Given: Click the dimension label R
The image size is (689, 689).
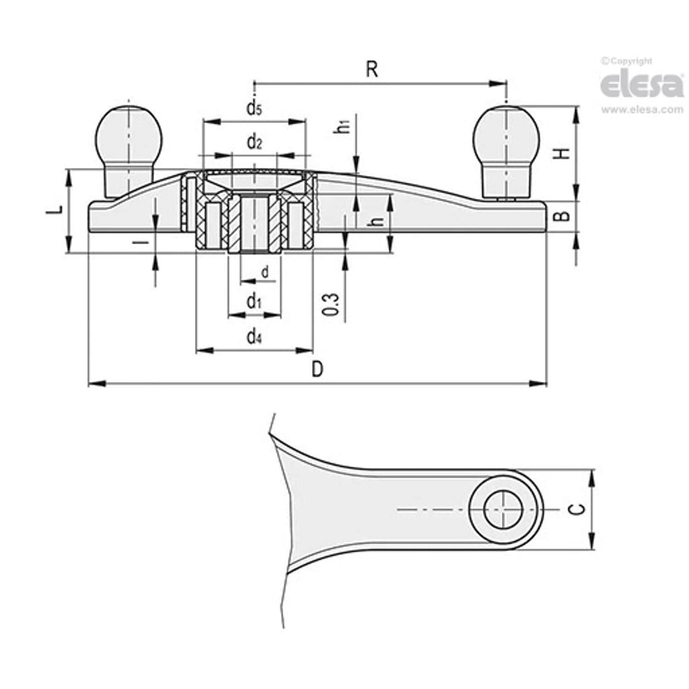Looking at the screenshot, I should (x=372, y=69).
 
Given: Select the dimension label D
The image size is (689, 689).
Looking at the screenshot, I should (x=317, y=369).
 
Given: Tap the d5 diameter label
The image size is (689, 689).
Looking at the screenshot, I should (x=254, y=109).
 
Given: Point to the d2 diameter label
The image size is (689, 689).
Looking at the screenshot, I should (x=254, y=142).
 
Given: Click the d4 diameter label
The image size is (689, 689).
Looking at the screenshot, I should (x=254, y=337).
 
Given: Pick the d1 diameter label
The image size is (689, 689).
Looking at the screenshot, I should (x=254, y=303).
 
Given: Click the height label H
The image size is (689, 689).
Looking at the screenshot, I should (x=561, y=153).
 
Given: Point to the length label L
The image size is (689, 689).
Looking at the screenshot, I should (x=54, y=211).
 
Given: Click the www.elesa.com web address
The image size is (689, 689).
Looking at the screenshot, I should (x=642, y=110).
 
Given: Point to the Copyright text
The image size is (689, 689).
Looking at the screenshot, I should (x=627, y=61).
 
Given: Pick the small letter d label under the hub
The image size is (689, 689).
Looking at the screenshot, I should (x=264, y=273).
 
